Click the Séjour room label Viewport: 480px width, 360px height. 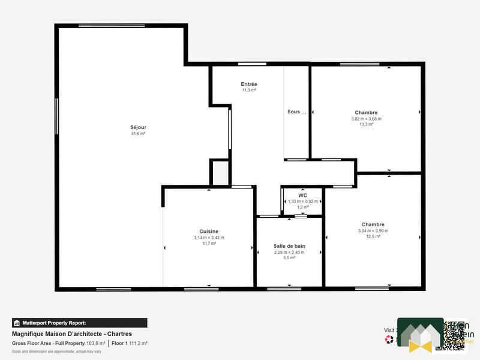(138, 127)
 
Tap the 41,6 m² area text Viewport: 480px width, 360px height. (138, 134)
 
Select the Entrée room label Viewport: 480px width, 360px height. (249, 84)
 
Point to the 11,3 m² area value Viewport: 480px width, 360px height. (249, 91)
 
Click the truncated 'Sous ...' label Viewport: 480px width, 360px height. (296, 112)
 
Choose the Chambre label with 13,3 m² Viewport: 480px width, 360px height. (366, 113)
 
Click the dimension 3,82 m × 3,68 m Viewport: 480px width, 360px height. (366, 119)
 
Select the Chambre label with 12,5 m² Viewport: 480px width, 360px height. (373, 224)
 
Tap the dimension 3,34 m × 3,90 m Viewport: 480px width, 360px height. (373, 230)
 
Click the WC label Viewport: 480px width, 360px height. (302, 196)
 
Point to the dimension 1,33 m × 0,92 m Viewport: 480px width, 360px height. (302, 202)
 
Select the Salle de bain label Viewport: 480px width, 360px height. (289, 246)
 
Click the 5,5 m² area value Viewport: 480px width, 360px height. (289, 258)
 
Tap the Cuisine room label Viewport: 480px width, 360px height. (209, 232)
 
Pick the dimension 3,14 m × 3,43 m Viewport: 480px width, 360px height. (209, 238)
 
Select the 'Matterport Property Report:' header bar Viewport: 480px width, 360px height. (79, 323)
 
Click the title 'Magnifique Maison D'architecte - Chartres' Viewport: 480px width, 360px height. (71, 334)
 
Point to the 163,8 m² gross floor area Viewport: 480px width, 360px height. (96, 343)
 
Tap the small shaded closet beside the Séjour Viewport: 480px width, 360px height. (220, 173)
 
